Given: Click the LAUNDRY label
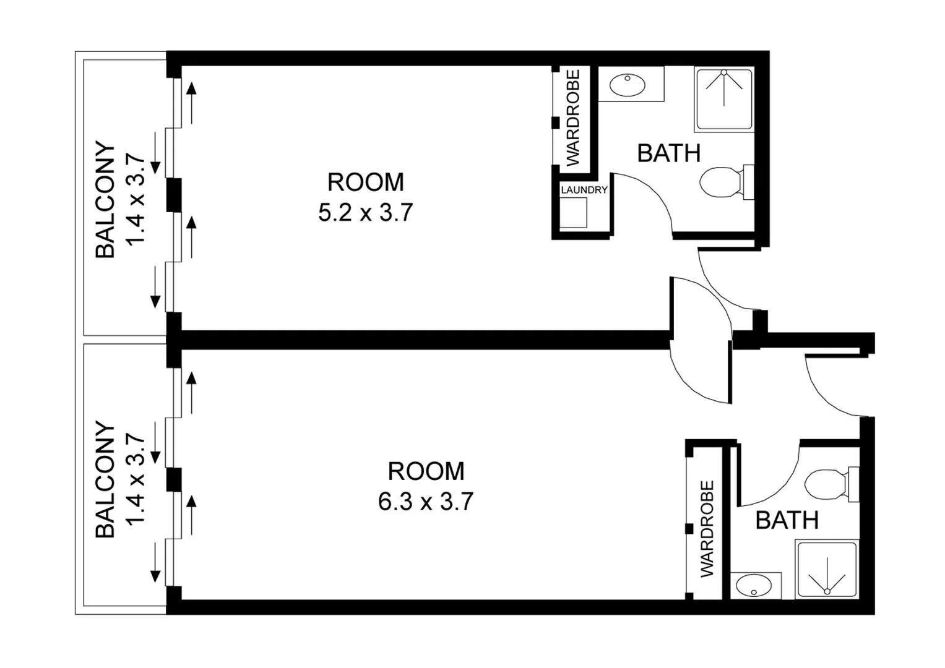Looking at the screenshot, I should (584, 190).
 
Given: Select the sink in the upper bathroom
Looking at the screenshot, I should (629, 84).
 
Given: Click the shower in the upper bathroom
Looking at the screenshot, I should (724, 99).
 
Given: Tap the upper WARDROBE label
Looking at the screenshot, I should (573, 118).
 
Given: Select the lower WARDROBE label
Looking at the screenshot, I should (707, 529).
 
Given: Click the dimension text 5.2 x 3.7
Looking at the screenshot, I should (365, 213).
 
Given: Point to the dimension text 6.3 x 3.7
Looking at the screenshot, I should (426, 502).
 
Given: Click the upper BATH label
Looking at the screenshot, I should (668, 153).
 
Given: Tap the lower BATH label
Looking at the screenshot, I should (787, 521).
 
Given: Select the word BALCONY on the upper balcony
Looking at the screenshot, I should (105, 200).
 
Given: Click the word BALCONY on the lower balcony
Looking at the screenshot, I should (105, 479).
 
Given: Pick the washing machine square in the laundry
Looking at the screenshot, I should (573, 213).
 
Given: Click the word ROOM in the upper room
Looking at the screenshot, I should (365, 182).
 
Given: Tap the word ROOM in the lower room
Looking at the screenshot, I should (426, 471).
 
